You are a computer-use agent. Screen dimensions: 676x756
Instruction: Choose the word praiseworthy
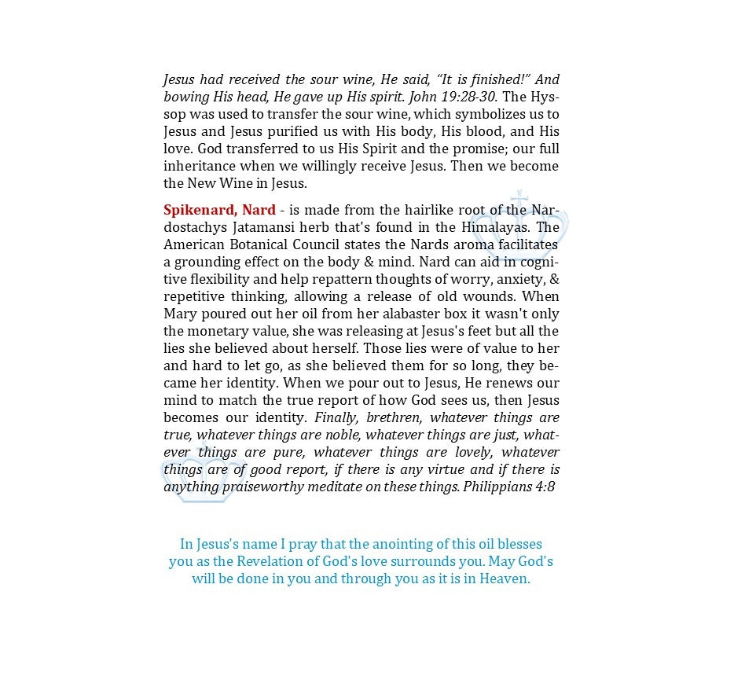(x=269, y=487)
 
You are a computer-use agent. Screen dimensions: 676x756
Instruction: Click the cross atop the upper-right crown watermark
(x=519, y=197)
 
